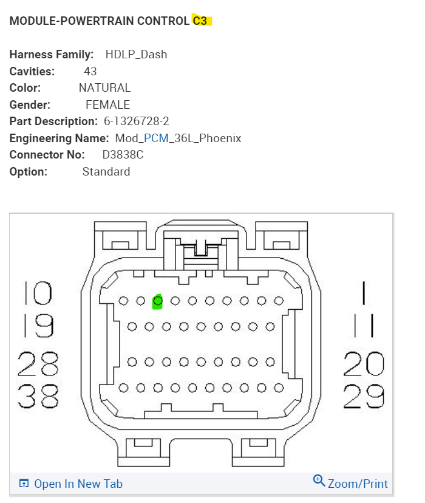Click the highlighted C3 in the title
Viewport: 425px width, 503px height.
point(200,21)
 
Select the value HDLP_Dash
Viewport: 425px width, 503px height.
point(136,55)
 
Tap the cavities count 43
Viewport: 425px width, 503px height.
point(90,71)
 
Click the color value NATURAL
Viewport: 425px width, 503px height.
point(104,87)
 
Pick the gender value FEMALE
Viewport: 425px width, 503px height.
point(107,104)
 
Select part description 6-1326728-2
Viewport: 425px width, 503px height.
point(136,121)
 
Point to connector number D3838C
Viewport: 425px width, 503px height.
point(123,154)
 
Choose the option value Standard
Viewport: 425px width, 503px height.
point(106,171)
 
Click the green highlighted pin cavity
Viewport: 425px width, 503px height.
point(158,301)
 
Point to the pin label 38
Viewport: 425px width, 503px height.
point(38,397)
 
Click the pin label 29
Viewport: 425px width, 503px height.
point(364,397)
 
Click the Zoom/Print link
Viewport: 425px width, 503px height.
point(357,484)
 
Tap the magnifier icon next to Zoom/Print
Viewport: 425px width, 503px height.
point(319,481)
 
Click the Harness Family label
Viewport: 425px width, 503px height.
point(52,55)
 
